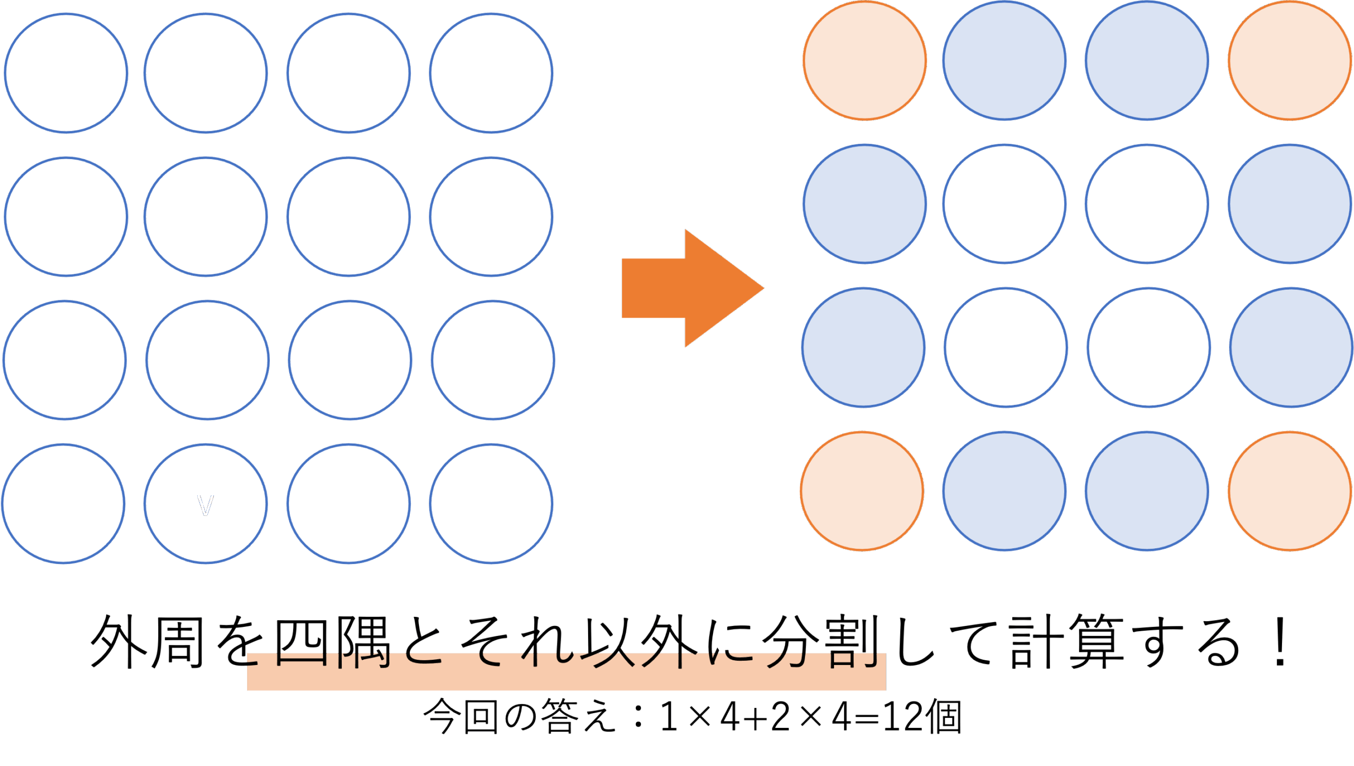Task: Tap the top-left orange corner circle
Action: pos(865,61)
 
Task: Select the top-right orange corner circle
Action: pos(1289,61)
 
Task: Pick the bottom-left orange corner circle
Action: pos(862,491)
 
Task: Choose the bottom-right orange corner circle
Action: pos(1289,491)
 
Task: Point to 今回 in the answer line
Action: pos(460,717)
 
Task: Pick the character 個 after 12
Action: pos(945,717)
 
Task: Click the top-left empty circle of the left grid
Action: pos(66,73)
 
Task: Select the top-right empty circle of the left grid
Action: pos(491,73)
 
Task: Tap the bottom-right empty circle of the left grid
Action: pos(491,503)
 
